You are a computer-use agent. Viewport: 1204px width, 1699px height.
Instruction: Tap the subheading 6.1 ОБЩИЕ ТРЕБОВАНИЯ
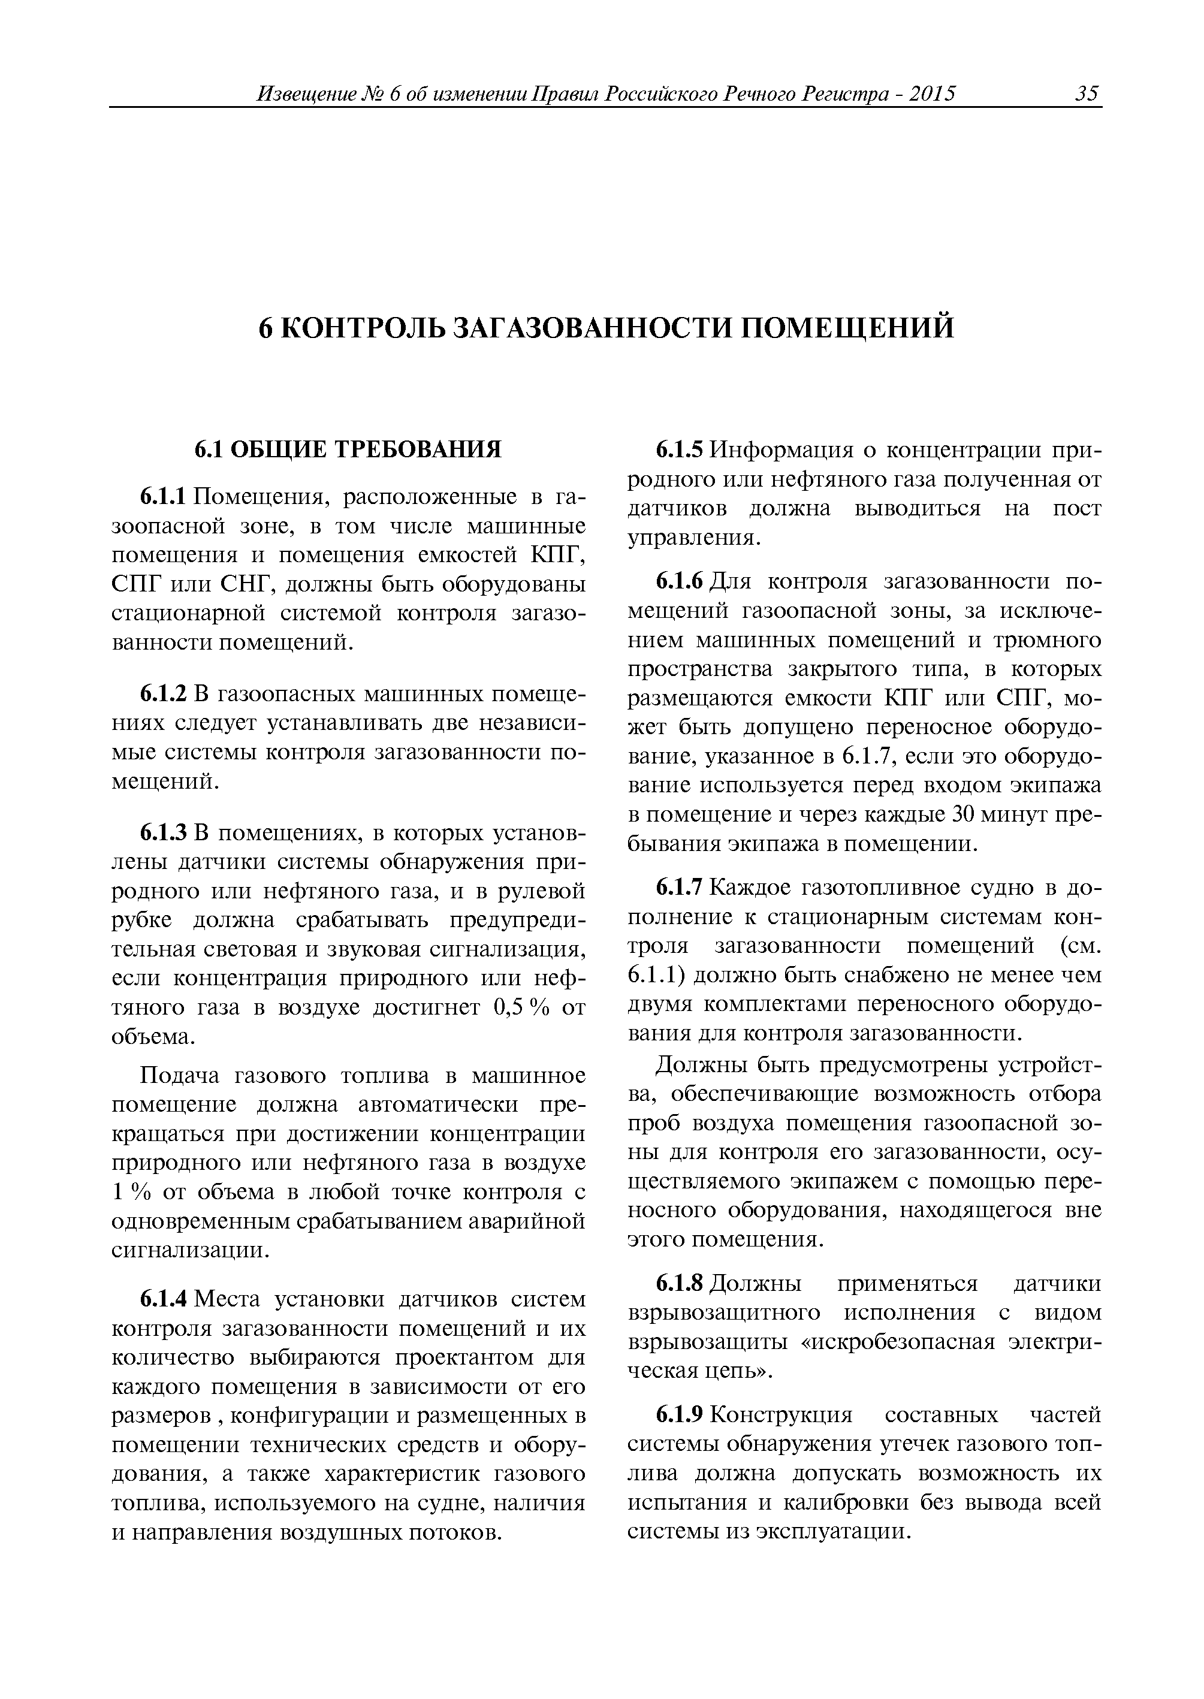(348, 449)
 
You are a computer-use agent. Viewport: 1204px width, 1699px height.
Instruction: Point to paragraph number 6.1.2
(165, 695)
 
